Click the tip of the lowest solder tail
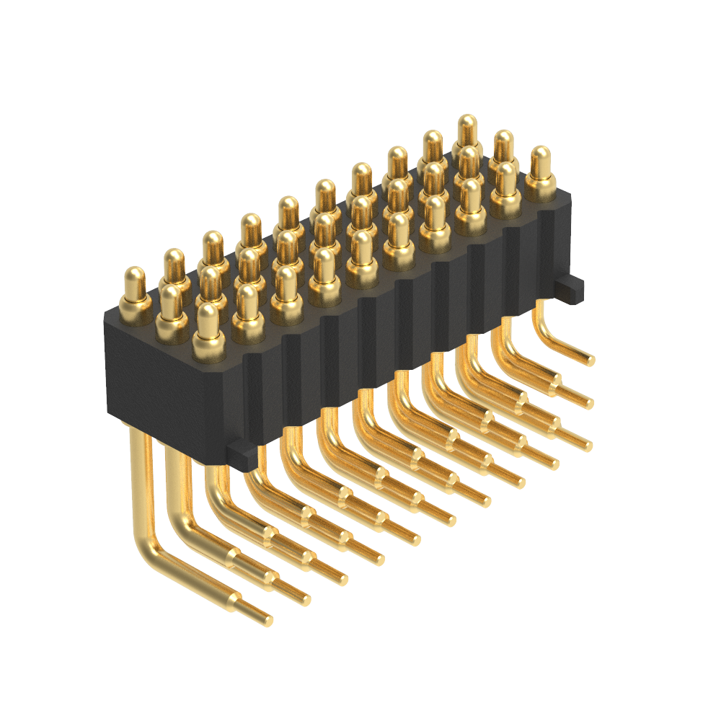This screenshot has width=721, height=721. click(268, 620)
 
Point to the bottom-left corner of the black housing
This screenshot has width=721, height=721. click(110, 415)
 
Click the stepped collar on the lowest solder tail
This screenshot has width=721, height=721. click(234, 598)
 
